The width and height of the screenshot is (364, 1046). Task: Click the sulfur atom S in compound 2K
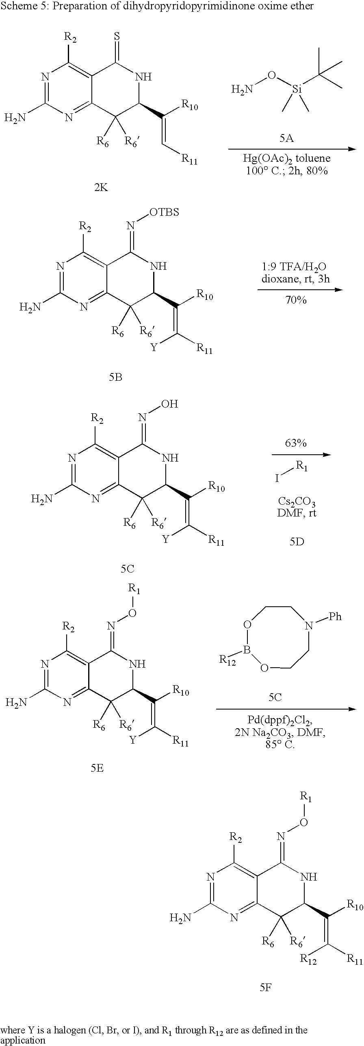(x=117, y=36)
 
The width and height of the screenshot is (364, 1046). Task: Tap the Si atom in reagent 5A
(x=297, y=89)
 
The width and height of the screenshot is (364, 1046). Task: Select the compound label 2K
(x=101, y=187)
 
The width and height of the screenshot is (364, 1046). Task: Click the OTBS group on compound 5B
(x=164, y=212)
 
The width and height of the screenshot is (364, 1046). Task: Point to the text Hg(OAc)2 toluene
(x=287, y=158)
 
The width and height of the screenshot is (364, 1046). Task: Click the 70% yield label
(x=296, y=300)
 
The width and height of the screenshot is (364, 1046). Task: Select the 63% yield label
(x=296, y=443)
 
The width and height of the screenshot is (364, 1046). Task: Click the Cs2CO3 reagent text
(x=296, y=504)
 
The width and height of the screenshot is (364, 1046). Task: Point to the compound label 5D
(x=297, y=541)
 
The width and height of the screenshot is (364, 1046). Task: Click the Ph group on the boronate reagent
(x=335, y=616)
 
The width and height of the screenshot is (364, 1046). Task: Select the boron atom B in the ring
(x=247, y=651)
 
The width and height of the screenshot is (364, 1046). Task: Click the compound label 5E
(x=97, y=768)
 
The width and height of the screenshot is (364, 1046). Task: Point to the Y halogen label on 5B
(x=154, y=348)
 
